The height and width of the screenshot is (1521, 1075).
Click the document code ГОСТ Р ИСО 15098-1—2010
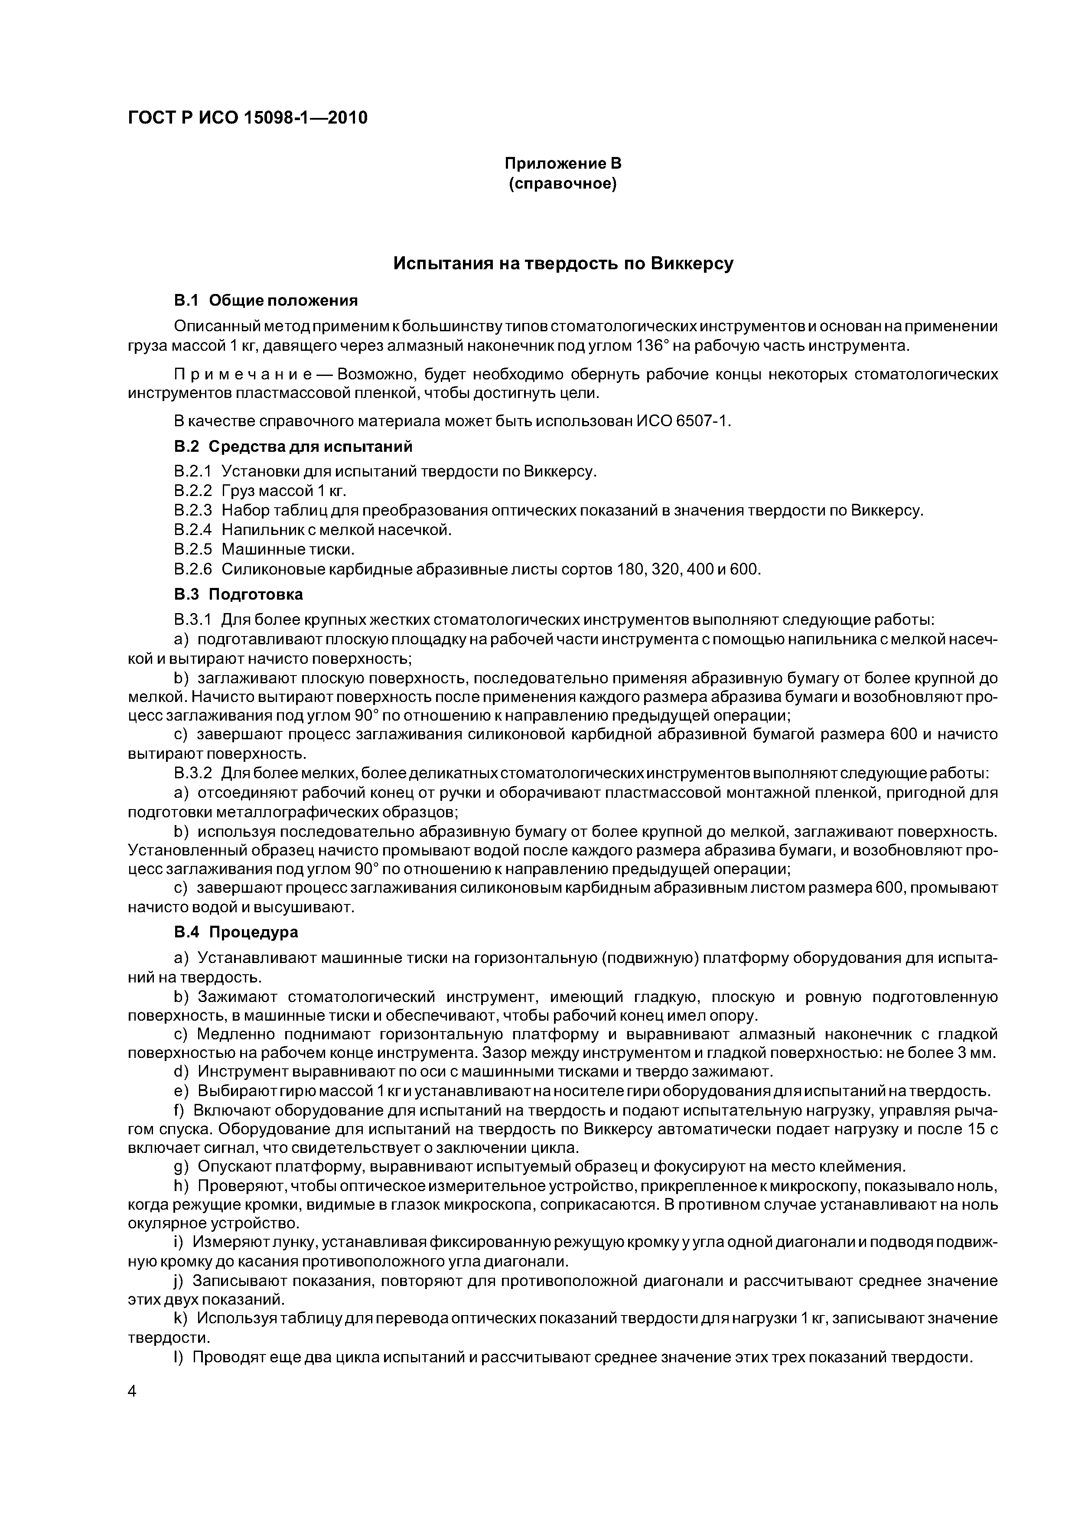[247, 118]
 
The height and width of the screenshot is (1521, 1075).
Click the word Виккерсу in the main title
[691, 264]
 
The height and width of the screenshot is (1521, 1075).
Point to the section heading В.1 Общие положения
[266, 301]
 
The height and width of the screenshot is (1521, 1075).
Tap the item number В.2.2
[193, 491]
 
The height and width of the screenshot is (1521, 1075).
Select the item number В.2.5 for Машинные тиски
[193, 549]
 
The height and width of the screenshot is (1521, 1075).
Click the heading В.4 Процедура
[236, 932]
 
